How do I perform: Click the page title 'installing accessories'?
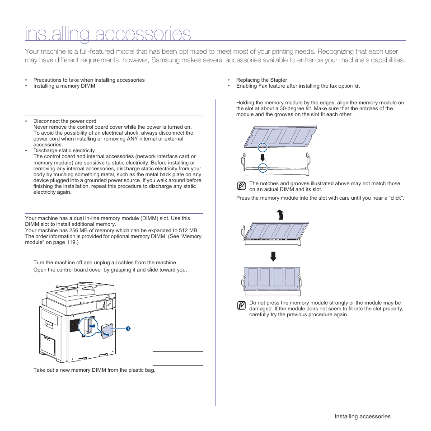[108, 34]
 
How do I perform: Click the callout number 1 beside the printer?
[128, 328]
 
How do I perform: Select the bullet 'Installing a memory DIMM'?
[64, 86]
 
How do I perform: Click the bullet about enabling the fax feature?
[298, 86]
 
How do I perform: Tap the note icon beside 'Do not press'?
[242, 305]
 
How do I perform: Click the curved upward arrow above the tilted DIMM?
[280, 214]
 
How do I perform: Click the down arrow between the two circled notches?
[262, 157]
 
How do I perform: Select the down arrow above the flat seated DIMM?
[273, 256]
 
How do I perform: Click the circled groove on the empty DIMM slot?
[262, 168]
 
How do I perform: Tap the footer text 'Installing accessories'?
[362, 417]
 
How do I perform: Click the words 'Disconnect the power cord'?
[65, 121]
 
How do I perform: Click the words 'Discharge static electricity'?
[64, 150]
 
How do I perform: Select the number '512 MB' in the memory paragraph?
[189, 230]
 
